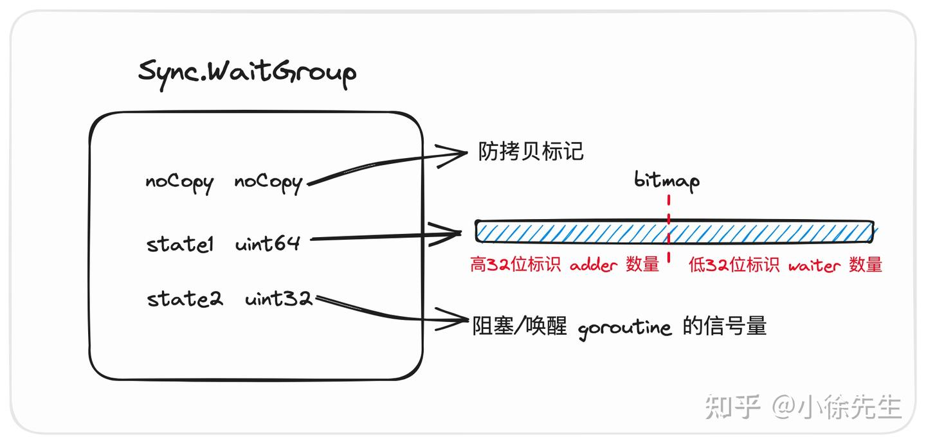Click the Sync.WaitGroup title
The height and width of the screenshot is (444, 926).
click(x=247, y=73)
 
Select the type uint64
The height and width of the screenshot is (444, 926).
click(x=268, y=245)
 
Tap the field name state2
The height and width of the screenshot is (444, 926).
click(x=185, y=299)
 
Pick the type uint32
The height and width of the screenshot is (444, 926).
click(x=278, y=299)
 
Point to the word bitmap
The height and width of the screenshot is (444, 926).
click(x=667, y=181)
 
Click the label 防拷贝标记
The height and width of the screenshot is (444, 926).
click(x=531, y=152)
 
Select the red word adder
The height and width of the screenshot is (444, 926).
click(x=594, y=265)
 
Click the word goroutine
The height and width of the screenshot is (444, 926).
click(x=624, y=328)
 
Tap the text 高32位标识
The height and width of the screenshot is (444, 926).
click(x=516, y=265)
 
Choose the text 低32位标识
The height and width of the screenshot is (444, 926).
click(x=734, y=265)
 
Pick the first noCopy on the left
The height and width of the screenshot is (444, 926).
click(x=179, y=182)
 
